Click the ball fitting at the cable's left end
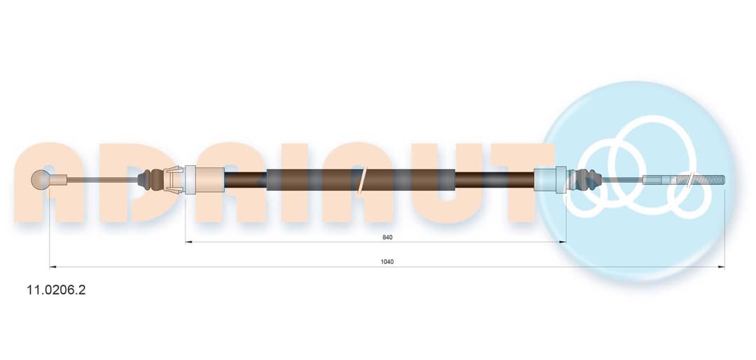[x=41, y=179]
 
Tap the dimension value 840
[x=387, y=237]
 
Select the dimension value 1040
[x=387, y=261]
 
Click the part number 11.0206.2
[x=57, y=290]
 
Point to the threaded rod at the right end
[x=684, y=180]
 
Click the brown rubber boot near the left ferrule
[x=151, y=179]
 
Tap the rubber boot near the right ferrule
[x=586, y=179]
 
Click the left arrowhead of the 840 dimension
[x=188, y=242]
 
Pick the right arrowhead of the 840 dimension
[x=562, y=242]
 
